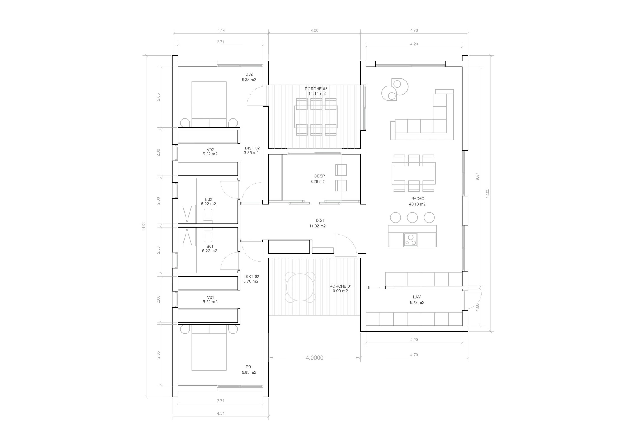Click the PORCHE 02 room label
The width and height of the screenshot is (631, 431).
click(316, 89)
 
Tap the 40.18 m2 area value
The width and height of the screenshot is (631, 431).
click(417, 204)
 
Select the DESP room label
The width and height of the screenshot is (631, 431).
click(319, 176)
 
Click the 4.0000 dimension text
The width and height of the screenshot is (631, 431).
click(314, 358)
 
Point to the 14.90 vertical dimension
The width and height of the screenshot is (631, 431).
click(144, 226)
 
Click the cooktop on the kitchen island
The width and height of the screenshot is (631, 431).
click(410, 240)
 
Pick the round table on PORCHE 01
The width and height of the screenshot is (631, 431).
click(300, 287)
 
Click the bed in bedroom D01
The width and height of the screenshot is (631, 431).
click(209, 350)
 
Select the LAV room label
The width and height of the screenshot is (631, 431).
click(417, 297)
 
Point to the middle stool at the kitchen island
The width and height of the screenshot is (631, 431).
click(412, 218)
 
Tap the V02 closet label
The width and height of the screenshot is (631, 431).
click(210, 150)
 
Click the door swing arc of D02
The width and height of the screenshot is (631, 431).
click(253, 96)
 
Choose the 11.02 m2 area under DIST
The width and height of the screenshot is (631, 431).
click(317, 226)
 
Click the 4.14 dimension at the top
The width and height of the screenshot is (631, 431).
click(221, 31)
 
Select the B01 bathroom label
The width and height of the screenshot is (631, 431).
click(210, 246)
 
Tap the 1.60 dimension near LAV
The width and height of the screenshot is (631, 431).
click(478, 307)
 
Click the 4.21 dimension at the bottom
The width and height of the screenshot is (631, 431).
click(220, 414)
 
